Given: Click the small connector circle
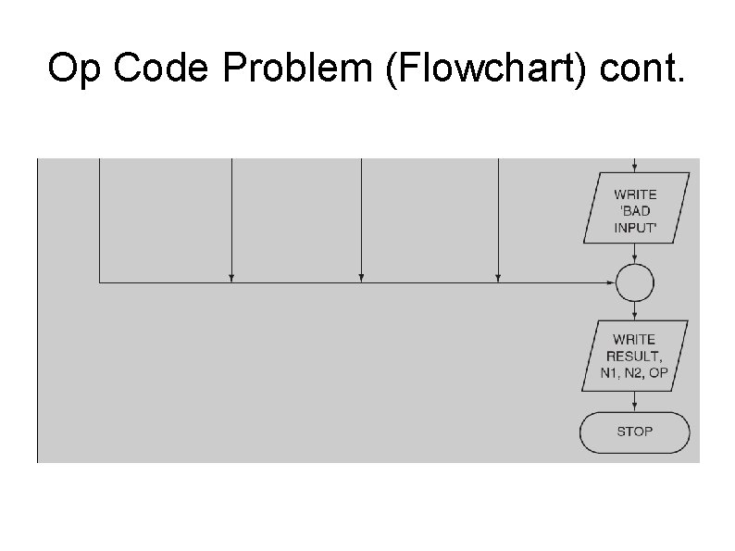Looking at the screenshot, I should (635, 282).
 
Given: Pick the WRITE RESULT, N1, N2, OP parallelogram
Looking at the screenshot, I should (635, 355).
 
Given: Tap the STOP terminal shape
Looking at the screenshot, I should (635, 432).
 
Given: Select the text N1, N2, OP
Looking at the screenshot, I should (635, 372).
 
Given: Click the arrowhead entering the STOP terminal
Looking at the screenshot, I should (635, 408).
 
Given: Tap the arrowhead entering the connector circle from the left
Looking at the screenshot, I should (610, 282).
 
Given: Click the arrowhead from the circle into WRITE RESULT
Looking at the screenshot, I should (635, 316).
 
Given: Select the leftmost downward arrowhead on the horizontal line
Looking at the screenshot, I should (231, 278).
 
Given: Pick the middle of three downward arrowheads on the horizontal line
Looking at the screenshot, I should (361, 278).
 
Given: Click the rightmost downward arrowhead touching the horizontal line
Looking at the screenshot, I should (498, 278).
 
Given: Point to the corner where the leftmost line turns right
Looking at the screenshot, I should (99, 282).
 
